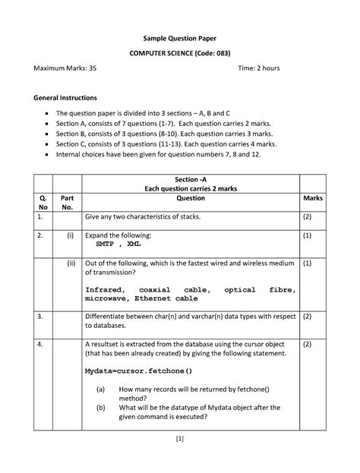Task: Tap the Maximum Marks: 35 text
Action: (65, 68)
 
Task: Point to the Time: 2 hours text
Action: (259, 68)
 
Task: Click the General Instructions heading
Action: (65, 98)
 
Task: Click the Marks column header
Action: (313, 197)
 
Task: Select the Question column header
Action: (191, 197)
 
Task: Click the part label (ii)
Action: (70, 264)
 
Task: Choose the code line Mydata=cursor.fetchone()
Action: (139, 371)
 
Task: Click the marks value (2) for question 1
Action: (308, 217)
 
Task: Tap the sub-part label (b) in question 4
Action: (100, 407)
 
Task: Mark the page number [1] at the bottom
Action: (180, 438)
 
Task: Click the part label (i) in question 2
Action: (70, 235)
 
